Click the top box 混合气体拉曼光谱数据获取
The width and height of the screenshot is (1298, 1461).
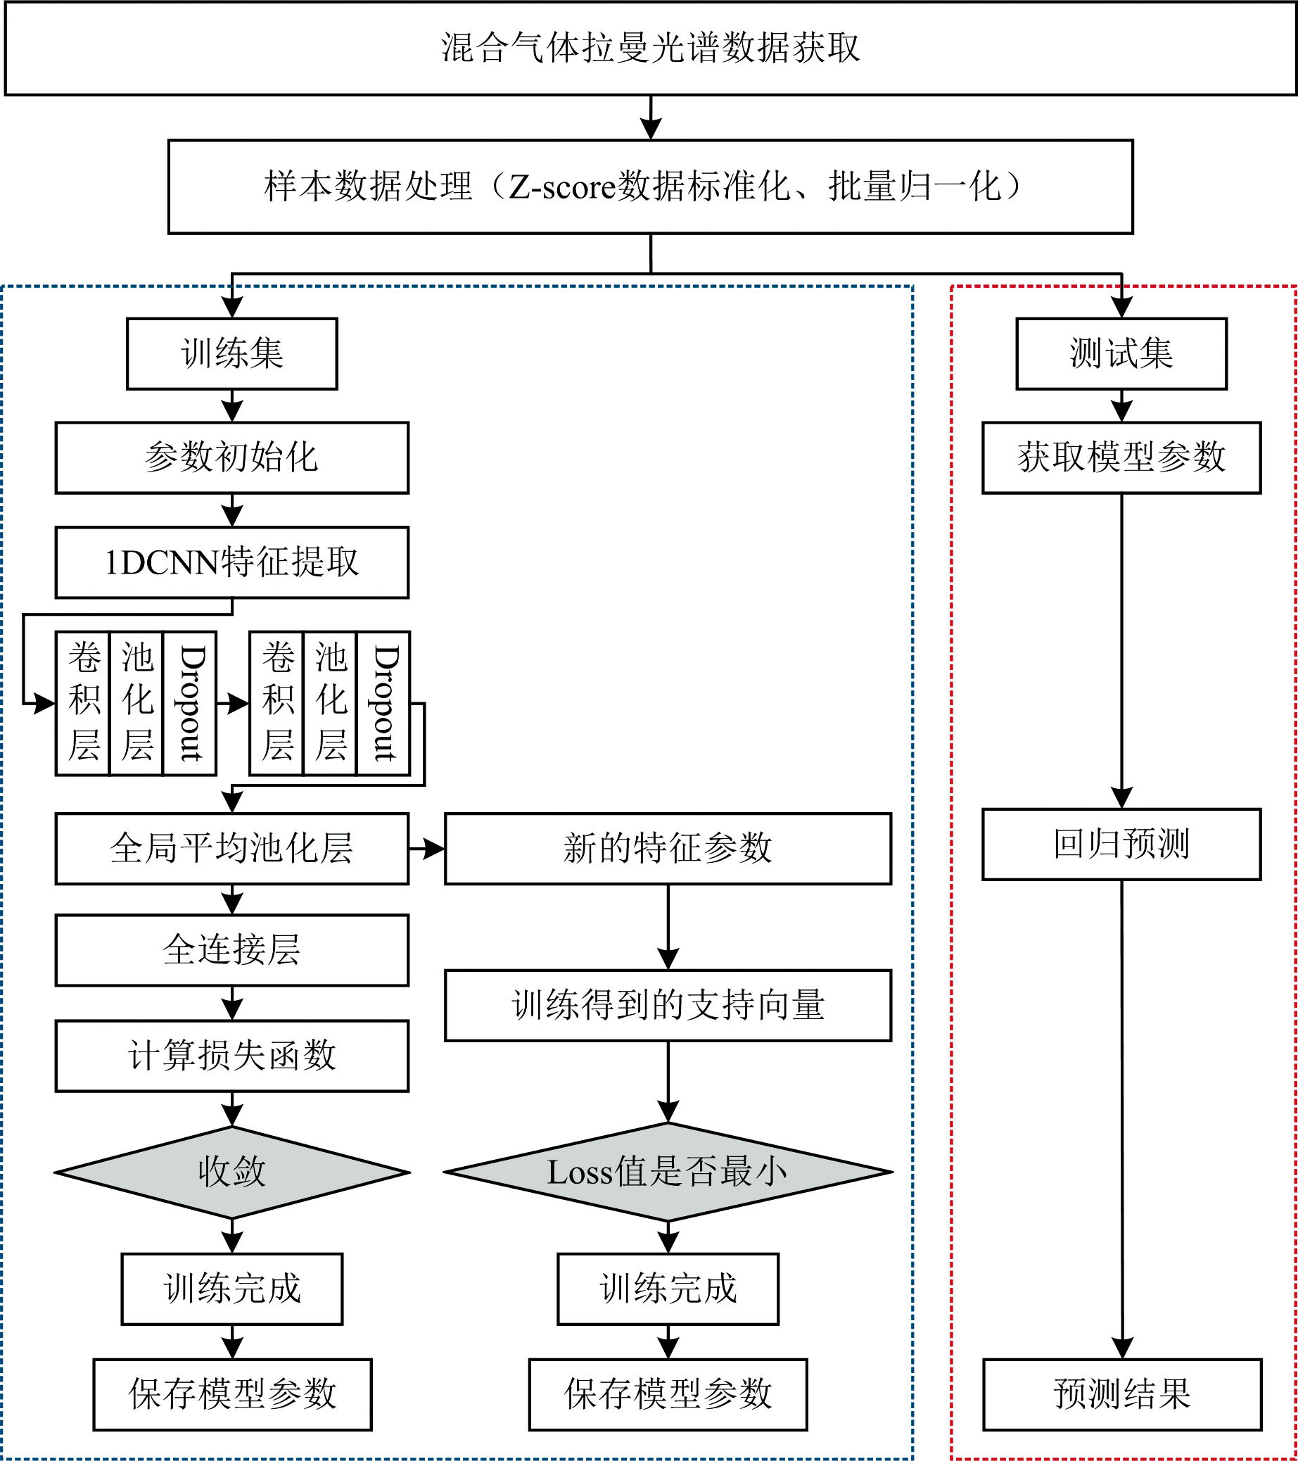point(650,49)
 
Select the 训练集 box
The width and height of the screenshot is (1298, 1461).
point(232,354)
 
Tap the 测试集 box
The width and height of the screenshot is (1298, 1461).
point(1121,354)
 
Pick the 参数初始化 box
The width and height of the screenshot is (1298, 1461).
point(232,457)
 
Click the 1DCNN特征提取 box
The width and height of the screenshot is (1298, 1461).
point(232,562)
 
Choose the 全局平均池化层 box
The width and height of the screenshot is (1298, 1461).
point(232,849)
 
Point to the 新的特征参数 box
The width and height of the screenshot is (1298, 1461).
point(668,849)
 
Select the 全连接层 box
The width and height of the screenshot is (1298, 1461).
point(232,950)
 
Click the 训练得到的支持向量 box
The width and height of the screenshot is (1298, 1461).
point(668,1005)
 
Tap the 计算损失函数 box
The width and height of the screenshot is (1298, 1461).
point(232,1056)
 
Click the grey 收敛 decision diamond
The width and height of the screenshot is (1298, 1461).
point(232,1172)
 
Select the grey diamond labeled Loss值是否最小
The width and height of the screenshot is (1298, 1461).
point(668,1172)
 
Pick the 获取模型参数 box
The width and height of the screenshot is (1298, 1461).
point(1121,457)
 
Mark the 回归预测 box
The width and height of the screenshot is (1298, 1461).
point(1121,844)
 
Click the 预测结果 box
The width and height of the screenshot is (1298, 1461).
point(1122,1395)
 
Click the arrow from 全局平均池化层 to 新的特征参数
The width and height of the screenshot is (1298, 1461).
point(426,849)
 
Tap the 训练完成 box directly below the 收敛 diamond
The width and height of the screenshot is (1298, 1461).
point(232,1289)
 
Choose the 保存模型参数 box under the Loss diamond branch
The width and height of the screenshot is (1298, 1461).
point(668,1395)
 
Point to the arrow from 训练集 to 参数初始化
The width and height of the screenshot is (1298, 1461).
point(232,406)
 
